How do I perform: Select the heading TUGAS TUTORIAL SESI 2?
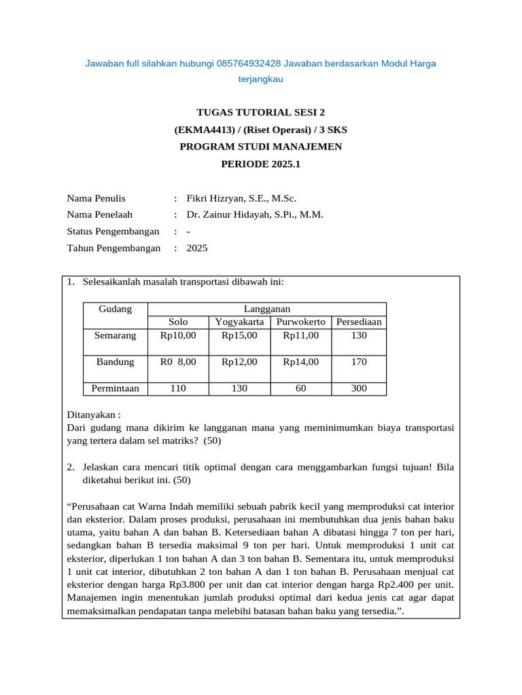pos(260,112)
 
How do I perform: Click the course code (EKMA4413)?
pos(205,129)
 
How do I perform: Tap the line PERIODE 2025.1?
pos(260,164)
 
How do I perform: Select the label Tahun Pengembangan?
pos(114,248)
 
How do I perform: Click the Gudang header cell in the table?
pos(115,309)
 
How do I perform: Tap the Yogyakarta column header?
pos(239,322)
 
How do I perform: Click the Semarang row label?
pos(115,335)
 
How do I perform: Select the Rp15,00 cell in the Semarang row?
pos(239,335)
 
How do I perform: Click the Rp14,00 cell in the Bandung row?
pos(300,362)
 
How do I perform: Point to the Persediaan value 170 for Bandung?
pos(359,362)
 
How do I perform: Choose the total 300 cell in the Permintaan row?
pos(359,388)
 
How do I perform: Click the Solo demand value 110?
pos(178,388)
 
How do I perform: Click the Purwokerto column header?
pos(300,322)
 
